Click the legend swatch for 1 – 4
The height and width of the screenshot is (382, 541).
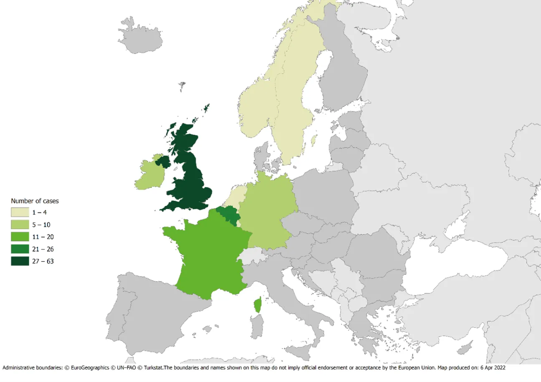click(x=20, y=213)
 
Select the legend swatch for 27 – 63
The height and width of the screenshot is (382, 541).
click(x=20, y=261)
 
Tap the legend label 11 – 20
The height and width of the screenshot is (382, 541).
click(x=43, y=237)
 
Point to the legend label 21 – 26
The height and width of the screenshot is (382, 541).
click(x=43, y=249)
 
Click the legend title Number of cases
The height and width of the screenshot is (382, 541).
click(x=35, y=201)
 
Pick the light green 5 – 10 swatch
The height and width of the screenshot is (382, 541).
click(x=20, y=225)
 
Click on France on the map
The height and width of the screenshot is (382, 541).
click(x=205, y=255)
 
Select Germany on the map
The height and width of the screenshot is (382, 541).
click(x=267, y=209)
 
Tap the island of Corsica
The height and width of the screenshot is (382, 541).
click(x=258, y=306)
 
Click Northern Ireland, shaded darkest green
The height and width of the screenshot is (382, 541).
click(x=163, y=161)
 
